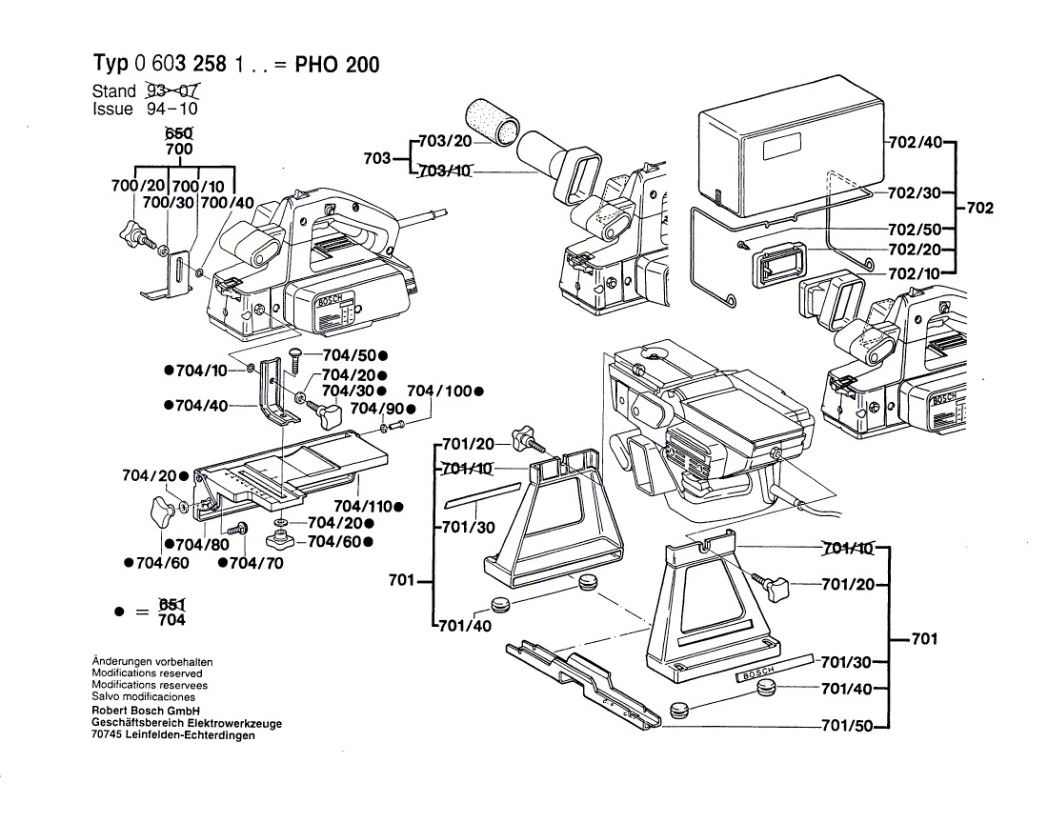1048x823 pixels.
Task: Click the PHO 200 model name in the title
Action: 336,65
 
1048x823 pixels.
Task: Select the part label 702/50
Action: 914,230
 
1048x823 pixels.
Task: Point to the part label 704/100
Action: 440,391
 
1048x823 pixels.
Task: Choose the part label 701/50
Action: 847,727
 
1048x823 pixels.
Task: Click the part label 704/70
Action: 251,563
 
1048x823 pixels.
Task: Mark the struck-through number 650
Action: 178,133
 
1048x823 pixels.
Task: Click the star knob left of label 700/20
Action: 133,231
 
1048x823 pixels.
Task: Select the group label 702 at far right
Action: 979,208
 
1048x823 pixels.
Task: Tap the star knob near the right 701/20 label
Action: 769,583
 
